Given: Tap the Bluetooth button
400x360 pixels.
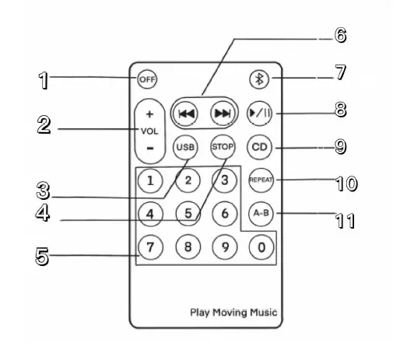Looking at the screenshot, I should (x=258, y=79).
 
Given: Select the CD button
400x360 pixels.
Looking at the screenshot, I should (x=258, y=146).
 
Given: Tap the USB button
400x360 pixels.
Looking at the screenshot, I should (x=186, y=146).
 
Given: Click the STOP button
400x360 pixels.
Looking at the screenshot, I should (x=223, y=146).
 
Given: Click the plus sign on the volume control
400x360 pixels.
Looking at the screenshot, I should (x=149, y=114).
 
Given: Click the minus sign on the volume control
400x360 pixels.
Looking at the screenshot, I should (x=149, y=147).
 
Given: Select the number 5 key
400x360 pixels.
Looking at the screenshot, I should (x=187, y=211).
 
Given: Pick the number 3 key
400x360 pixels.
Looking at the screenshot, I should (x=223, y=180).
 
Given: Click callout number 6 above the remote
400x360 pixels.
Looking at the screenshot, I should (x=340, y=35).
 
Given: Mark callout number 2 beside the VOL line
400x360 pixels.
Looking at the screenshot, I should (x=45, y=126).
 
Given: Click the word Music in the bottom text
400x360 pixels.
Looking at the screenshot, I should (x=261, y=313).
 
